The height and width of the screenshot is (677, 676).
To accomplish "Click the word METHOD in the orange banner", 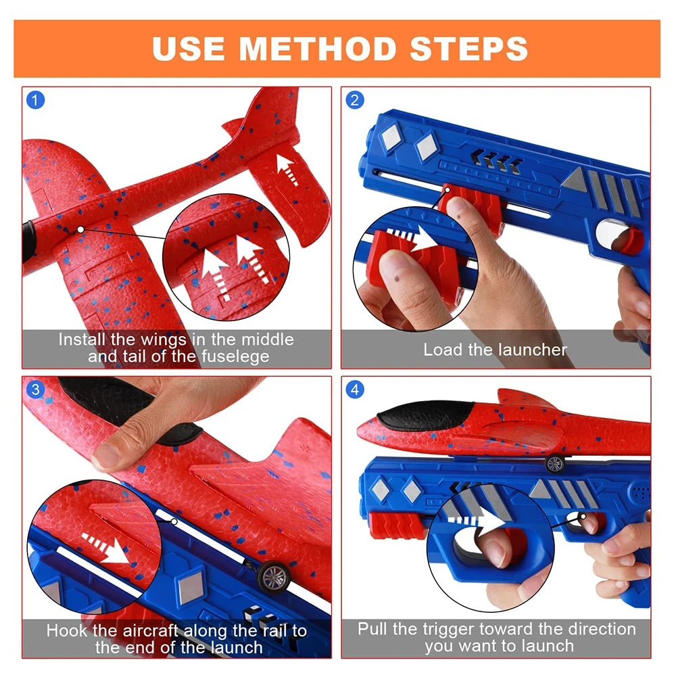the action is click(x=318, y=49).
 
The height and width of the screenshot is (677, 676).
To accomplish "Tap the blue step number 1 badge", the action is click(x=35, y=100).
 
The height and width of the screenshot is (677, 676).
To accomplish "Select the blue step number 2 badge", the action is click(x=355, y=100).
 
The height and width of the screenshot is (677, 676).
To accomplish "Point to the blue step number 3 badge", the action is click(x=35, y=390).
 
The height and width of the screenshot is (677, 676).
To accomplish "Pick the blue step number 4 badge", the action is click(x=355, y=390).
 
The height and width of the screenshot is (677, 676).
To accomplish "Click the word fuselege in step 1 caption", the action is click(x=235, y=356).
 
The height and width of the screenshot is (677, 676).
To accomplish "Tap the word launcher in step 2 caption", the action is click(x=531, y=350).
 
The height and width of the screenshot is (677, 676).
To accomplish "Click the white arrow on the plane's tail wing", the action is click(x=287, y=170).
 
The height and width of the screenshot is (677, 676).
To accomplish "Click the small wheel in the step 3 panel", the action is click(x=274, y=576).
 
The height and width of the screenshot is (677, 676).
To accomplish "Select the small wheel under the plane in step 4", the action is click(x=555, y=464).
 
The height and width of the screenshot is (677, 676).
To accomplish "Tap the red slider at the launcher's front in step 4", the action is click(x=395, y=525).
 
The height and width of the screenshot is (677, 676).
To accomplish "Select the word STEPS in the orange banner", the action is click(x=468, y=49).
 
